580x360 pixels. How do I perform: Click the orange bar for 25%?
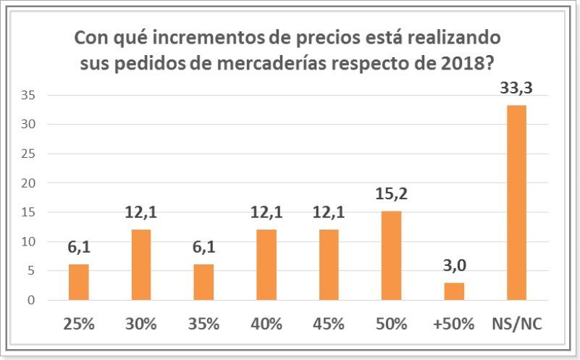point(78,282)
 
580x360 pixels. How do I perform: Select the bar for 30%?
point(141,265)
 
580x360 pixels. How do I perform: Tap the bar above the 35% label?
point(203,282)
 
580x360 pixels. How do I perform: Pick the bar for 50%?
point(391,256)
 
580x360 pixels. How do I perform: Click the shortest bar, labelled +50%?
point(454,291)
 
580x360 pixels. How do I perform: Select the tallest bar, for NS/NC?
point(516,203)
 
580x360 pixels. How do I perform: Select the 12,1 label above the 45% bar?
point(329,214)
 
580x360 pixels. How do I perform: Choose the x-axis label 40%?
point(266,324)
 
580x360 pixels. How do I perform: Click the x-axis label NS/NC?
point(516,324)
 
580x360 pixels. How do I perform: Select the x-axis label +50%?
point(454,324)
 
